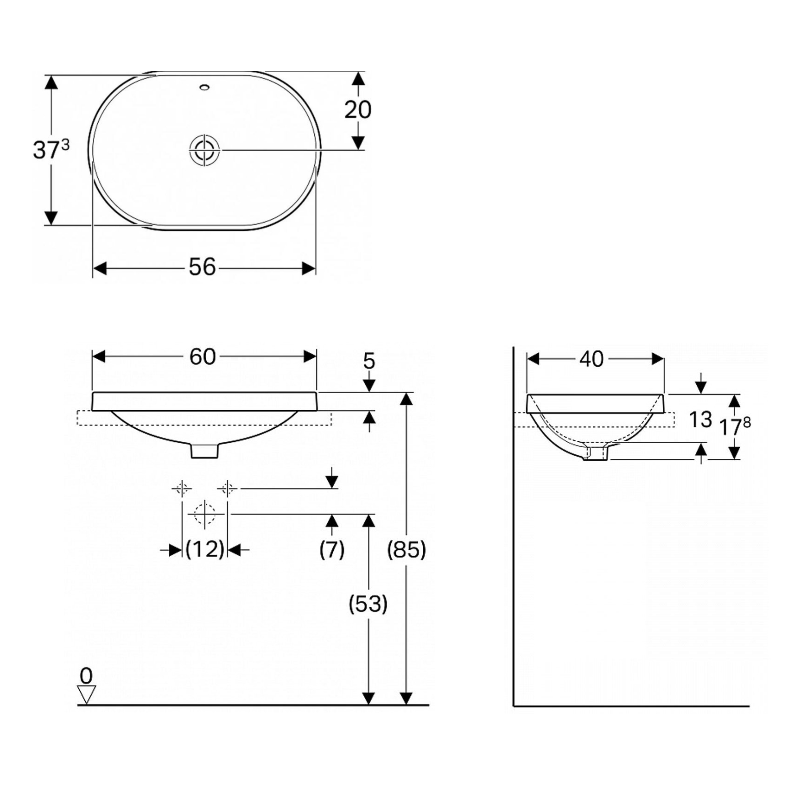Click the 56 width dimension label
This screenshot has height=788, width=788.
tap(203, 267)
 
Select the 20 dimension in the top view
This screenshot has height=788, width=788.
tap(358, 110)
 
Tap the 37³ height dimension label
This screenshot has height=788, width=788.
tap(51, 149)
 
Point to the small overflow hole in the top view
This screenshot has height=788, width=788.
tap(204, 86)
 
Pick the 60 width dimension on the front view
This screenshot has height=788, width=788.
tap(203, 356)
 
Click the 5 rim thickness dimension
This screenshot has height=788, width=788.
tap(369, 361)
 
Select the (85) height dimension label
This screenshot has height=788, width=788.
tap(407, 550)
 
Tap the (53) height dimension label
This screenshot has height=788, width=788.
tap(368, 604)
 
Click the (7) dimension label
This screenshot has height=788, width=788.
tap(332, 550)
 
